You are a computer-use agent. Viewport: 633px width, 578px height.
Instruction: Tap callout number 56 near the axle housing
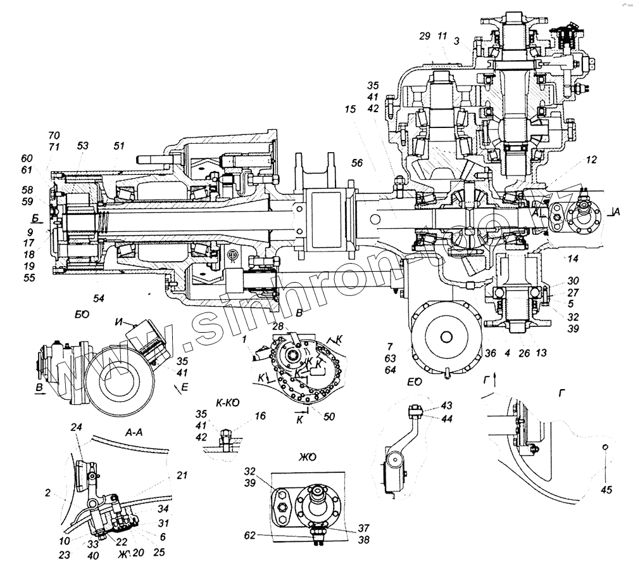pyautogui.click(x=357, y=163)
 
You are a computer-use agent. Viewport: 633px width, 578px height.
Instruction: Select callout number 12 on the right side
pyautogui.click(x=590, y=161)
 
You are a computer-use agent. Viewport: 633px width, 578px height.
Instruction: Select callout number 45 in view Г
pyautogui.click(x=607, y=489)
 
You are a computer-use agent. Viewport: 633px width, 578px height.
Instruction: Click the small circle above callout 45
pyautogui.click(x=606, y=449)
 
